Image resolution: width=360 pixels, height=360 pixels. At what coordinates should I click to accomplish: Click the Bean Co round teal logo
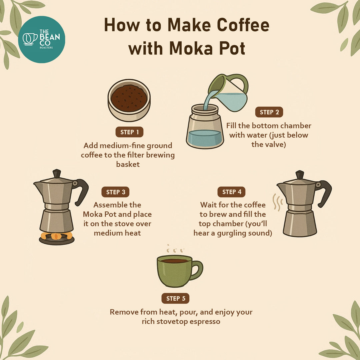pos(41,40)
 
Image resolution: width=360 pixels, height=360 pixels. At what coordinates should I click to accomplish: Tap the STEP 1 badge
pos(129,132)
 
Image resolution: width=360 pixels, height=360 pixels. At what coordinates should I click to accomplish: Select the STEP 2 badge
pos(269,112)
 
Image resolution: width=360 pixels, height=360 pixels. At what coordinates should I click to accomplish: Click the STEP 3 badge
pos(115,192)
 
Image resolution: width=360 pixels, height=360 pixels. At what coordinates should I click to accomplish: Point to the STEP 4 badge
pos(231,192)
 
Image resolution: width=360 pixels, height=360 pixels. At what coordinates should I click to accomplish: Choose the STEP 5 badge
pos(175,299)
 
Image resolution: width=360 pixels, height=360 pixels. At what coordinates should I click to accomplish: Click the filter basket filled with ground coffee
pos(129,100)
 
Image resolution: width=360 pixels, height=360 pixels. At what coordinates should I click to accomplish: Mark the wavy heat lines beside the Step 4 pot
pos(276,202)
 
